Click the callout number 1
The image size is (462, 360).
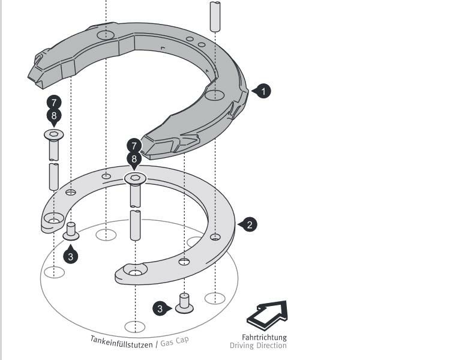click(263, 91)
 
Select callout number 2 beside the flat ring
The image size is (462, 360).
click(249, 225)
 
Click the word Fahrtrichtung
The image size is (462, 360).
click(264, 337)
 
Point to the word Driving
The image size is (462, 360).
click(242, 346)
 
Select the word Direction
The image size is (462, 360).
click(272, 346)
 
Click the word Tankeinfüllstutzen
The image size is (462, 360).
click(121, 342)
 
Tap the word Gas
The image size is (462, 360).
click(167, 343)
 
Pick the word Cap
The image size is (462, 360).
click(182, 340)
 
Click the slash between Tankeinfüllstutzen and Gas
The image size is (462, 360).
click(157, 344)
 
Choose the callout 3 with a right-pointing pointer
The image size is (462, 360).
click(161, 309)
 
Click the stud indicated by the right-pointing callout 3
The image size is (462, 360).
click(184, 304)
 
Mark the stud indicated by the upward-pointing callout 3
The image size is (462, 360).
click(71, 231)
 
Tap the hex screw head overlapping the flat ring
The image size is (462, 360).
click(135, 178)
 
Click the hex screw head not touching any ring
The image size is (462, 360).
click(53, 134)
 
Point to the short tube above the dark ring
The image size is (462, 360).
click(215, 16)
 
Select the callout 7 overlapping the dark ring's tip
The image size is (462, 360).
click(134, 146)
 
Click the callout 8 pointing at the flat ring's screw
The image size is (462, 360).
click(134, 160)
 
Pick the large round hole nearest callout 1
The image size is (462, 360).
click(214, 95)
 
